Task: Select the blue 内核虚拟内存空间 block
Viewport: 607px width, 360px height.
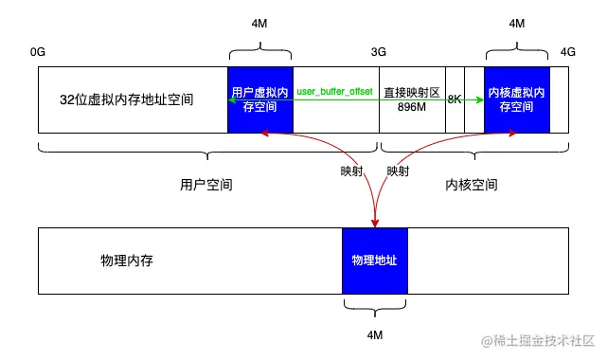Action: (x=516, y=99)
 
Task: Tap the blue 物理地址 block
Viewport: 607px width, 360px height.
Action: (x=374, y=260)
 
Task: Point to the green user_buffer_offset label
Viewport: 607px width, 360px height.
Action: (x=336, y=92)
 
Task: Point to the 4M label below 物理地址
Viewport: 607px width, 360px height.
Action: (x=374, y=334)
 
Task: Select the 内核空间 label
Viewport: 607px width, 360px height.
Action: (x=472, y=185)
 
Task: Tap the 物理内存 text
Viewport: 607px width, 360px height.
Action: (x=126, y=260)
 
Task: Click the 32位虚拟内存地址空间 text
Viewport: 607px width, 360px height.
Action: (x=126, y=99)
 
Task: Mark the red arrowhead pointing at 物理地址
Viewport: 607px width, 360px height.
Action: (x=375, y=224)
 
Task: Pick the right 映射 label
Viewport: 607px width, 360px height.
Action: (x=398, y=171)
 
